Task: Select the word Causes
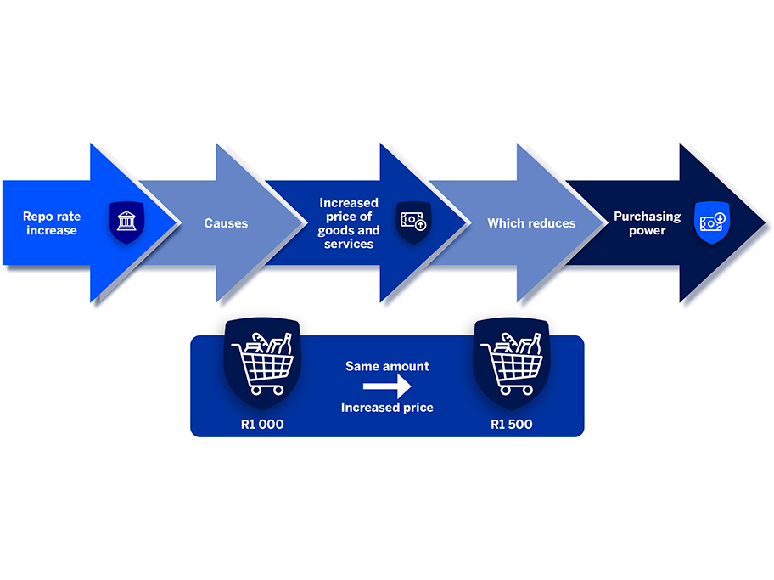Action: [x=226, y=223]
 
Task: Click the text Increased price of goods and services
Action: [x=349, y=223]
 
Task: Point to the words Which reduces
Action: [x=531, y=223]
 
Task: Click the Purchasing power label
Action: [x=648, y=223]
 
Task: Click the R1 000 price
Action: [x=262, y=424]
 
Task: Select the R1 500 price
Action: [x=512, y=424]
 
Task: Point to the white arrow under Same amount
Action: [x=387, y=387]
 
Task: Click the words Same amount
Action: [x=387, y=367]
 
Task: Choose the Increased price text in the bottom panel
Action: [x=387, y=408]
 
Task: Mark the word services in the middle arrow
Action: [x=349, y=244]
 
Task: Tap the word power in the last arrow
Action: [x=648, y=230]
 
